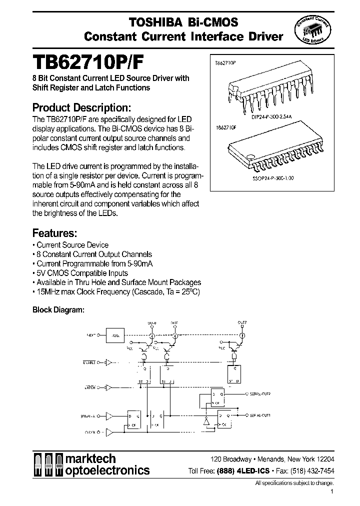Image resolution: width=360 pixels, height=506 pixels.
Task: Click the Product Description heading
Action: (x=82, y=107)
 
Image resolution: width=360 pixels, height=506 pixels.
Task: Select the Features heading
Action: (x=54, y=232)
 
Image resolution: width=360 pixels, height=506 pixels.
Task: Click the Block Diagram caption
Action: (x=58, y=309)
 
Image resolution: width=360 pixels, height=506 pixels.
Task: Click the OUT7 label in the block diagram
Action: (x=242, y=323)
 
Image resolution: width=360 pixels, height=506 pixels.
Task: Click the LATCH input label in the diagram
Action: (x=91, y=387)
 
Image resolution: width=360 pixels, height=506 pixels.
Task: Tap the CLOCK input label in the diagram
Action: (x=90, y=430)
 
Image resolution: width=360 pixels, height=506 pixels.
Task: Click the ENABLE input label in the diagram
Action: (x=90, y=362)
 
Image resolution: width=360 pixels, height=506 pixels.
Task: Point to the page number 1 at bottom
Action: (x=331, y=492)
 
